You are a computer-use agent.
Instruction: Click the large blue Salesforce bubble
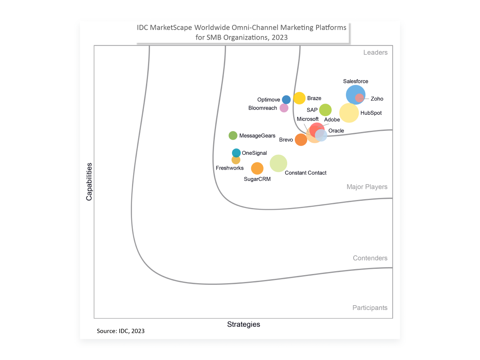355,95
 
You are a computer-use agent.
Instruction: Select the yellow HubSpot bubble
349,113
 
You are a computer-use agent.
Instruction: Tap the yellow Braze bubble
299,98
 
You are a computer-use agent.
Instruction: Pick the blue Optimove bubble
286,100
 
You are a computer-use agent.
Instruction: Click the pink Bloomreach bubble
284,108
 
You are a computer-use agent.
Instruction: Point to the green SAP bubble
325,110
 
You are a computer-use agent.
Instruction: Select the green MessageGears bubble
233,136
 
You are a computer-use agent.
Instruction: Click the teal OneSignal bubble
236,153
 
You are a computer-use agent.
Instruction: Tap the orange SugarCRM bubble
257,168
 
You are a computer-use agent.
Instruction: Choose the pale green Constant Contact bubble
278,163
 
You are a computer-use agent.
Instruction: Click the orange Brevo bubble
301,140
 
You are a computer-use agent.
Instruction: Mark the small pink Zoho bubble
359,98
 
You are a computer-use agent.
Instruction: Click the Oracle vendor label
336,131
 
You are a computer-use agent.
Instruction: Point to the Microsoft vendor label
308,119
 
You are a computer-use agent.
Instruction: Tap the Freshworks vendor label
230,168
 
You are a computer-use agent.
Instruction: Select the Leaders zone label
375,52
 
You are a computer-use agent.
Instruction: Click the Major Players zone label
367,187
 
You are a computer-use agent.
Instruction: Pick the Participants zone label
370,308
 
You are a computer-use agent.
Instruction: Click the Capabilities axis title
89,182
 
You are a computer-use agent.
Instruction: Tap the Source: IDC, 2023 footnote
121,331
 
